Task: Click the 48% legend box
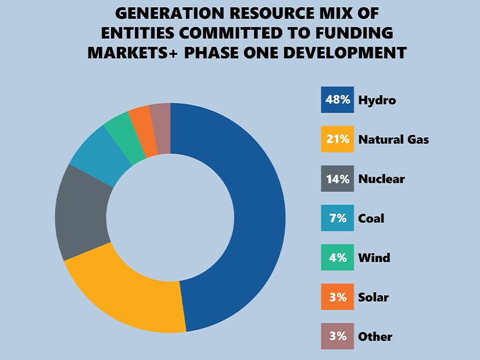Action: pos(337,100)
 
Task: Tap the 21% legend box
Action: pos(337,139)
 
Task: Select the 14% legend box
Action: pos(337,179)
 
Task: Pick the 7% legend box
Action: pos(337,218)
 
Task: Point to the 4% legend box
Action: pos(337,258)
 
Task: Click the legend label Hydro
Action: pos(377,100)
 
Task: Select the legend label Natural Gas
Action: pos(393,139)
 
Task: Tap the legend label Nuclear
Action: pos(381,179)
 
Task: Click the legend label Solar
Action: pos(374,297)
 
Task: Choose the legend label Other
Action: pos(375,337)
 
